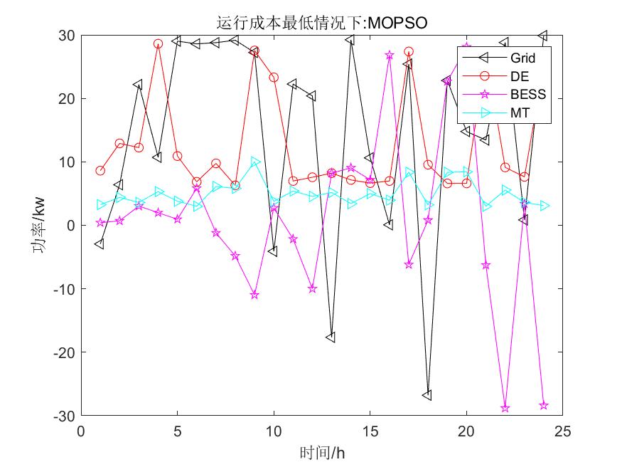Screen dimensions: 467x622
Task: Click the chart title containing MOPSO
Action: point(321,23)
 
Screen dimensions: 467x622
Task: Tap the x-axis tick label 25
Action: point(562,431)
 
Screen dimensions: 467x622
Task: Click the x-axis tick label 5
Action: point(177,431)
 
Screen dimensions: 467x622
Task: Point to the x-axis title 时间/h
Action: point(321,452)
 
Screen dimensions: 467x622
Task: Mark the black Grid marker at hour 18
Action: point(427,395)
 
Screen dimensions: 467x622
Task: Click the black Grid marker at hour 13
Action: point(331,337)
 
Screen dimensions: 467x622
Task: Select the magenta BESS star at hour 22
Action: point(505,408)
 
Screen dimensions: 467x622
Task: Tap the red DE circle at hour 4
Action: point(158,43)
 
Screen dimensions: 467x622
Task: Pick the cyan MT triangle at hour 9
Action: point(254,162)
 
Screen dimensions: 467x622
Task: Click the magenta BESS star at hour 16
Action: point(389,55)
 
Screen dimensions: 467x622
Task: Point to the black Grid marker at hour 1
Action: point(100,244)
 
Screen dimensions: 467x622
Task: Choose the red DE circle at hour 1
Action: point(100,171)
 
